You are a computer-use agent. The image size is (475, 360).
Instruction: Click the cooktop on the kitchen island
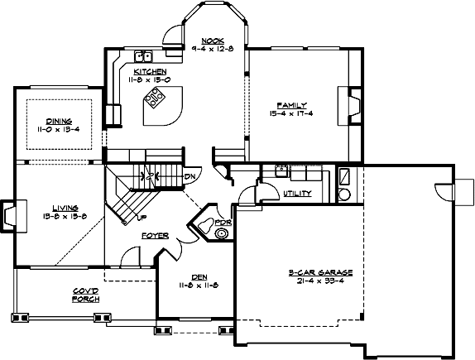tap(155, 100)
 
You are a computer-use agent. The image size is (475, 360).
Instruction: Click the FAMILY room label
tap(293, 105)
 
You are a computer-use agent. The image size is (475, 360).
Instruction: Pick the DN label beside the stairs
tap(190, 176)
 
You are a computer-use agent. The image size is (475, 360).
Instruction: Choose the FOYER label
tap(155, 236)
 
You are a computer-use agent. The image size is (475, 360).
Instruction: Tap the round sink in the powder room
tap(222, 234)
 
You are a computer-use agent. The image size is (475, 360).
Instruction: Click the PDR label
tap(221, 223)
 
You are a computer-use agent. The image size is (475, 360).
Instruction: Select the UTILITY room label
tap(295, 194)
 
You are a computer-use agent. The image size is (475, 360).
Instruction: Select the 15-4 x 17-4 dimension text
tap(293, 114)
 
